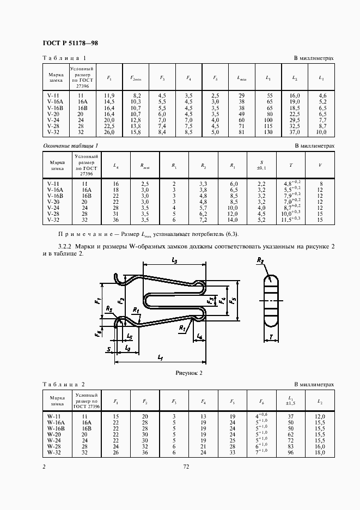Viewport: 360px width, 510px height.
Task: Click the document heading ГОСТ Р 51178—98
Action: [70, 42]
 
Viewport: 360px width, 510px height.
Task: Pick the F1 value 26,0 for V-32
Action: [109, 132]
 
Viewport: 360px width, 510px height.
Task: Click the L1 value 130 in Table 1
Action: [269, 132]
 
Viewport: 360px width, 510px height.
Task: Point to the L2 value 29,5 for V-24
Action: [295, 120]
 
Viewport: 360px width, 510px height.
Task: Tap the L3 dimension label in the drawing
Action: [174, 262]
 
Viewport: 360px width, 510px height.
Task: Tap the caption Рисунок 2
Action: [188, 373]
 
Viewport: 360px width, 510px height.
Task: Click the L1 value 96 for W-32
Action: [290, 452]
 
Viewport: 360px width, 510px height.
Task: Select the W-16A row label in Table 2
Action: [56, 422]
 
